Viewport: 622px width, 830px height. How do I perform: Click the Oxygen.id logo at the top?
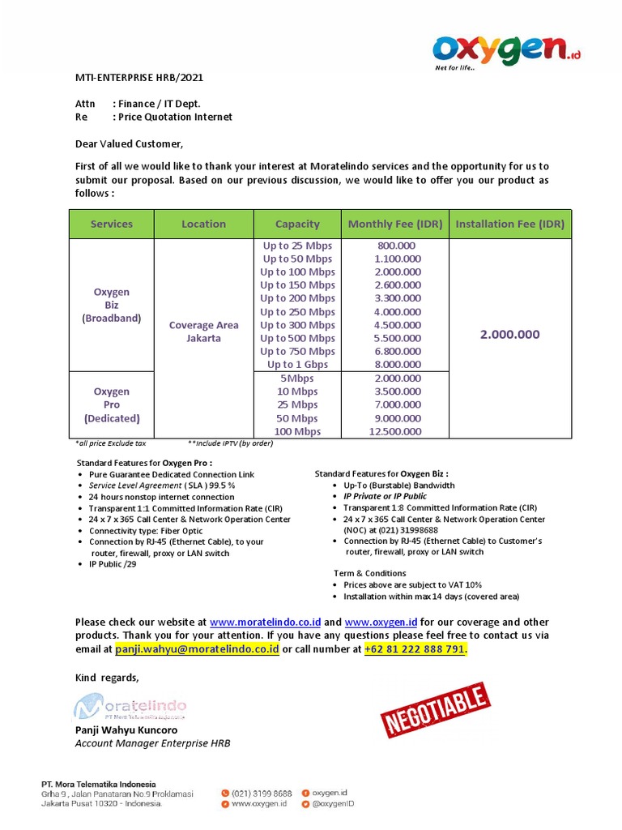pos(507,51)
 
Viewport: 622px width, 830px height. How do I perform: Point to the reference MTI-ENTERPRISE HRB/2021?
pos(139,78)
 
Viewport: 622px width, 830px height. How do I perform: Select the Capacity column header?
pos(297,224)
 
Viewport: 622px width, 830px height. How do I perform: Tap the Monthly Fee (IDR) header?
pos(395,224)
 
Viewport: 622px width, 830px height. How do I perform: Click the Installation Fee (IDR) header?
pos(509,224)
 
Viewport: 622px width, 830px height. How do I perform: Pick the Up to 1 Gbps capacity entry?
pos(297,365)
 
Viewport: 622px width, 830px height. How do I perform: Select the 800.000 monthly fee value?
pos(397,246)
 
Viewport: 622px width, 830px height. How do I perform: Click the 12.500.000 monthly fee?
pos(397,431)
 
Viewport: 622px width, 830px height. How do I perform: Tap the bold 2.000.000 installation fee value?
pos(509,334)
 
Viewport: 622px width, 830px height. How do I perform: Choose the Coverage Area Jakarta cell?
pos(203,332)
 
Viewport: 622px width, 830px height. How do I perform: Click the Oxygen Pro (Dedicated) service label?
pos(112,404)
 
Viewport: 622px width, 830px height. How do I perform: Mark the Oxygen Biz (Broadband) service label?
pos(112,305)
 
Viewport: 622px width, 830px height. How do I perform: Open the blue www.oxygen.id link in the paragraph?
pos(381,622)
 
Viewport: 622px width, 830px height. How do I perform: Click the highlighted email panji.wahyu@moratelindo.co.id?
pos(197,649)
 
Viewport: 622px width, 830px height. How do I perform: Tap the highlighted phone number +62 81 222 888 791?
pos(415,649)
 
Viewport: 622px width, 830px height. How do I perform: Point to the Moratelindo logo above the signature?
pos(131,708)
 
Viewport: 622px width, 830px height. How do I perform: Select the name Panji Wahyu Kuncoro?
pos(126,729)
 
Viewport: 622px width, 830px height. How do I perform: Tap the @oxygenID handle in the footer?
pos(333,803)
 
